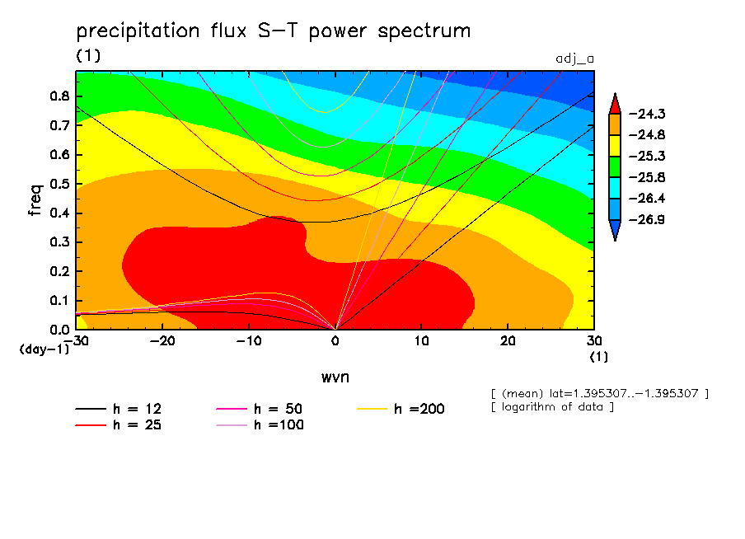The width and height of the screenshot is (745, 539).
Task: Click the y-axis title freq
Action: pyautogui.click(x=35, y=199)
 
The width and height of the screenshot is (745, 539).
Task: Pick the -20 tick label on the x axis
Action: pyautogui.click(x=162, y=341)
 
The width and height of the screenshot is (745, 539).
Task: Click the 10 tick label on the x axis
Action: pyautogui.click(x=421, y=341)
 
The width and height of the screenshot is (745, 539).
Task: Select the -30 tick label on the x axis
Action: pyautogui.click(x=77, y=341)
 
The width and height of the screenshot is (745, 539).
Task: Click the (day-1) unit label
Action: pyautogui.click(x=44, y=349)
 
